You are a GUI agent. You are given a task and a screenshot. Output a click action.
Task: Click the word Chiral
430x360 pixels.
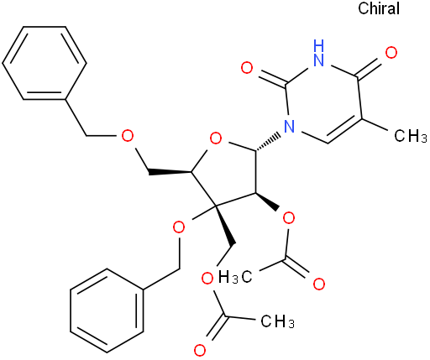379,8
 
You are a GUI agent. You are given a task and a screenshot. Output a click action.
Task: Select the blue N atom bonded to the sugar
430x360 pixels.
290,127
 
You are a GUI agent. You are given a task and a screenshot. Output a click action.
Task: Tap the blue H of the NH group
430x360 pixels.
319,45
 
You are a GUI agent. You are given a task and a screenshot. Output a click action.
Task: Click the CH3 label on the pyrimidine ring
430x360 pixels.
410,136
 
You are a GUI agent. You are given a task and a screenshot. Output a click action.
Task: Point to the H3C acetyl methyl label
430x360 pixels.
234,277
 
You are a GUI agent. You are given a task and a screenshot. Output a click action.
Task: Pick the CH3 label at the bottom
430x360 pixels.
277,321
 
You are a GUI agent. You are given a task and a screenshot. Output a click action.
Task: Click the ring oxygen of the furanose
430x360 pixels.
216,138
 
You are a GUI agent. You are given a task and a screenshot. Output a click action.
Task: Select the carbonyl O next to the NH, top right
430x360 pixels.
391,53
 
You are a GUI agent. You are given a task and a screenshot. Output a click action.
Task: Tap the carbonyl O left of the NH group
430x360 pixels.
247,68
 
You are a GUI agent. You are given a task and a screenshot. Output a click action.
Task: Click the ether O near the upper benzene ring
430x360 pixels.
128,136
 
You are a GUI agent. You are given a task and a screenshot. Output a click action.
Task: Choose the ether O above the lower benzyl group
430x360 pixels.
179,227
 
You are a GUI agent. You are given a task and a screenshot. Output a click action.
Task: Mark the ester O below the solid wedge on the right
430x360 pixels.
289,218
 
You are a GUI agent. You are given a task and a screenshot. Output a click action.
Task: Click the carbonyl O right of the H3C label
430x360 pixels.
319,284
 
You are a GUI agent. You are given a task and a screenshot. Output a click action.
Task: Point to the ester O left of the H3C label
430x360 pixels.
207,279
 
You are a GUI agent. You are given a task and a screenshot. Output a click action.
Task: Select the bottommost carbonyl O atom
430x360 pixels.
200,350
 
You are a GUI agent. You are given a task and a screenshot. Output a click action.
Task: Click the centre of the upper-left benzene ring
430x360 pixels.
45,63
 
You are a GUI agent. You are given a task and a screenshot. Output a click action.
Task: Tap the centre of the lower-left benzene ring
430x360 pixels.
107,310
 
